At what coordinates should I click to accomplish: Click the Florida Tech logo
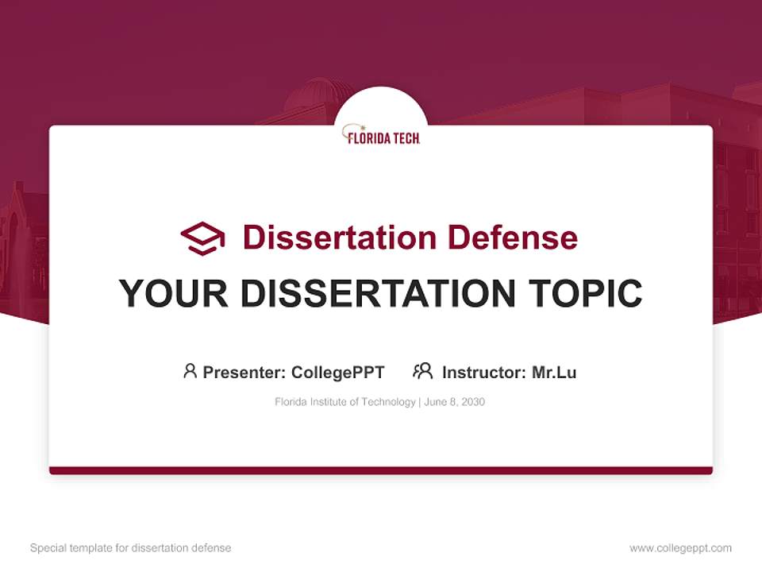381,134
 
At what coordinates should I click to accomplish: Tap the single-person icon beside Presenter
190,371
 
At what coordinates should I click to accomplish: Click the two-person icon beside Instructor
423,371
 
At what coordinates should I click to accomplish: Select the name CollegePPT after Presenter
338,372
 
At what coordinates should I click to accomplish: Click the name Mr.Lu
554,372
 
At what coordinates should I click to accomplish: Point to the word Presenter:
244,372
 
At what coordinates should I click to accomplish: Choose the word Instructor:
484,372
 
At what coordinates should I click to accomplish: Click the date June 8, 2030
455,402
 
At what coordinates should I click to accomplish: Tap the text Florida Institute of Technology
345,402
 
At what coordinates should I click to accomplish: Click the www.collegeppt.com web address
681,548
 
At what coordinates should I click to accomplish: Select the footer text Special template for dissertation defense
131,548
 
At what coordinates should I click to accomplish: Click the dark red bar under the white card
381,470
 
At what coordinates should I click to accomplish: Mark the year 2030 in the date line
471,402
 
